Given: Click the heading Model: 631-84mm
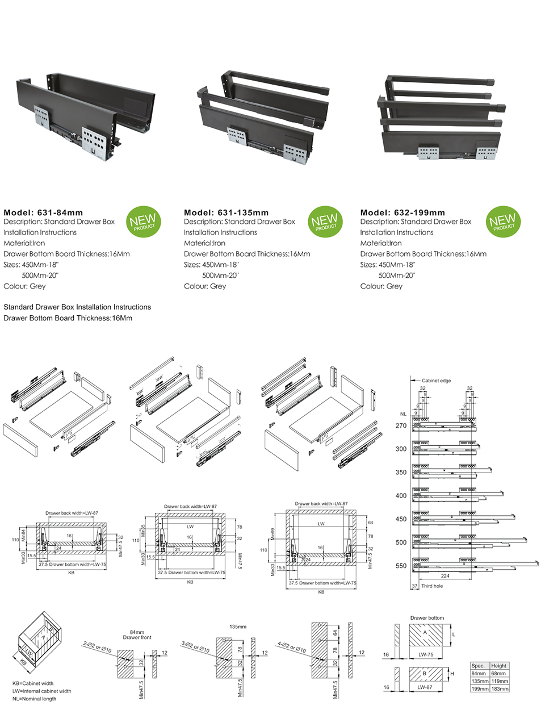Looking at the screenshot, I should coord(43,212).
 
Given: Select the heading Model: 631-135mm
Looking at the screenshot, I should coord(226,212).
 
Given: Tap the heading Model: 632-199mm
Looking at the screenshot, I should coord(403,212).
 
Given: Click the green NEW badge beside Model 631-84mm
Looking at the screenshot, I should coord(143,222).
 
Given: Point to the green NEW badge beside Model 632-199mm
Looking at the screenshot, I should coord(503,222).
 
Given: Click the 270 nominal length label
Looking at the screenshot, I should coord(401,425).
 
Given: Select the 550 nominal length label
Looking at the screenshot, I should coord(401,566).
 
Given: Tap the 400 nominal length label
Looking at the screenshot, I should coord(401,496).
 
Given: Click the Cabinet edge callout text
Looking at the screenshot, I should coord(436,381).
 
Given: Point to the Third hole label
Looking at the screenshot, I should coord(432,586).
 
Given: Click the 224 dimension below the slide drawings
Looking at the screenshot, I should coord(445,576).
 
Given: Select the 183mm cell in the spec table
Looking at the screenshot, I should coord(499,688).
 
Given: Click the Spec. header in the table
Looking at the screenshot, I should coord(479,666).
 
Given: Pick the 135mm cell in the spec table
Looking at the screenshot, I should coord(480,681).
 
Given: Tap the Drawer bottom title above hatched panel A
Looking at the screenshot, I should coord(427,618).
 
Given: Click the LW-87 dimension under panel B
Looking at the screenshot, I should coord(425,687).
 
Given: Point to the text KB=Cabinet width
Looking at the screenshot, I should coord(33,683).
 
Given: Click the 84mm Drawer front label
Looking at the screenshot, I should coord(137,634).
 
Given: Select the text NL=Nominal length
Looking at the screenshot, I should coord(35,699).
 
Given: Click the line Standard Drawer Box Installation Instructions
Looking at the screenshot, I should coord(77,307).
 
